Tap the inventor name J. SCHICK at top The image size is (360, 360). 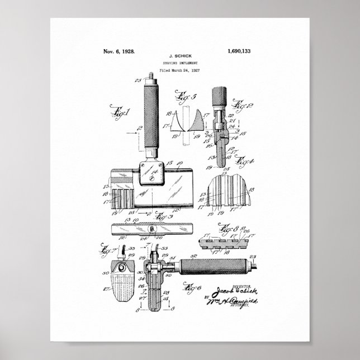click(x=179, y=57)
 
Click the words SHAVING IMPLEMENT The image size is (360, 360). click(x=179, y=64)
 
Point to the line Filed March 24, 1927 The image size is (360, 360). click(x=179, y=71)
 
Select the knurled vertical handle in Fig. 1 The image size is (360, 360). click(x=150, y=117)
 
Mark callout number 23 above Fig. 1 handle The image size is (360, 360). click(x=138, y=80)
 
